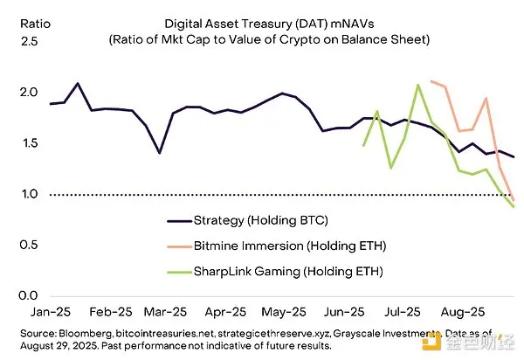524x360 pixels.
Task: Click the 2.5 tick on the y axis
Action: (x=18, y=42)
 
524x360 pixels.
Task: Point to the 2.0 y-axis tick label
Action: (x=18, y=93)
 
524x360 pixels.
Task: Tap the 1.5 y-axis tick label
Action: (x=18, y=143)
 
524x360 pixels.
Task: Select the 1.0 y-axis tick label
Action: (x=18, y=194)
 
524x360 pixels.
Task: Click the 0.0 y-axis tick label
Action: (x=18, y=295)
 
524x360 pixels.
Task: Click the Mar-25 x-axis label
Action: (x=165, y=311)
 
